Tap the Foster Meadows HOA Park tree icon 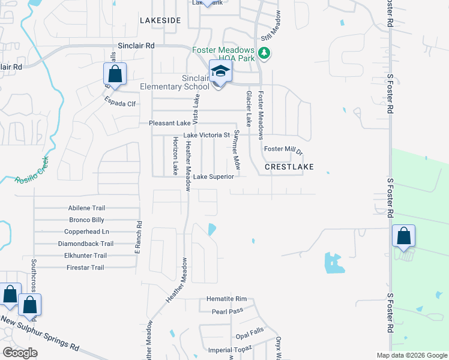click(264, 55)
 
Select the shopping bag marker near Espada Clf click(115, 74)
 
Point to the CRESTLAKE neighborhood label click(289, 167)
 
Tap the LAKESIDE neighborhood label click(160, 20)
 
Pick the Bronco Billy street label click(86, 220)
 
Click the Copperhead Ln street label click(86, 232)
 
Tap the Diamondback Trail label click(86, 244)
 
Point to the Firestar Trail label click(85, 268)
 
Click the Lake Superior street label click(217, 177)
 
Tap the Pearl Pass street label click(227, 311)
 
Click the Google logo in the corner click(20, 353)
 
